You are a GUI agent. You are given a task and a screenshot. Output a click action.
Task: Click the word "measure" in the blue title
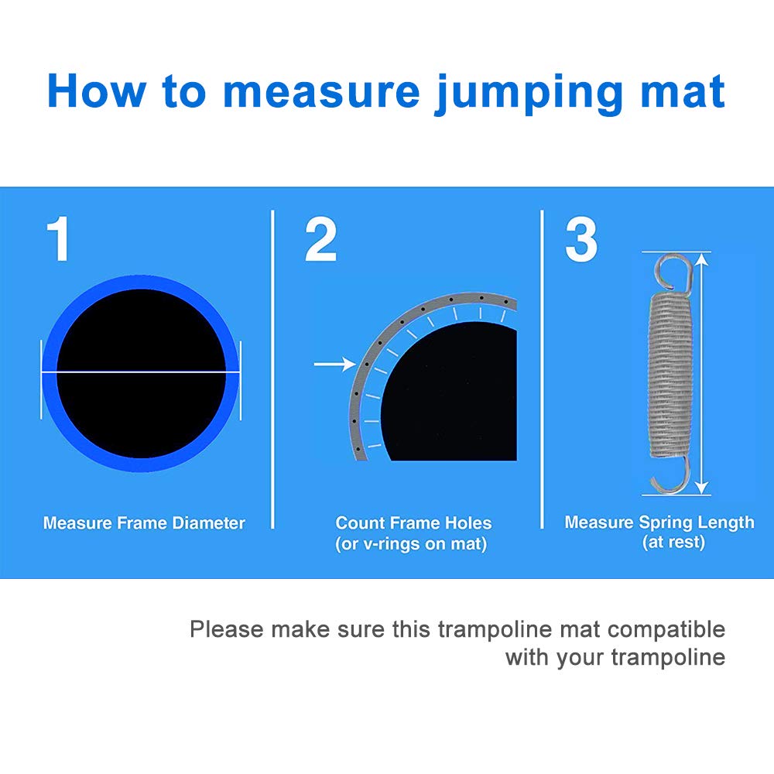[x=320, y=91]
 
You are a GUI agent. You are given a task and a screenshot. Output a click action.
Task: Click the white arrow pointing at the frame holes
[x=334, y=362]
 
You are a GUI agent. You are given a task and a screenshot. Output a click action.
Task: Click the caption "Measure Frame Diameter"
[x=144, y=523]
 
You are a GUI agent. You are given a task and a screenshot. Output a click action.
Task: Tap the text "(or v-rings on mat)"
[x=411, y=544]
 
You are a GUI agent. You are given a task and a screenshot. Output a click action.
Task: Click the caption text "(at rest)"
[x=673, y=542]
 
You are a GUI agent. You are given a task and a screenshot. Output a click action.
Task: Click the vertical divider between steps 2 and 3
[x=542, y=370]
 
